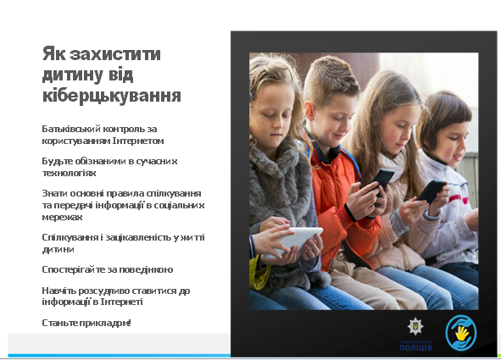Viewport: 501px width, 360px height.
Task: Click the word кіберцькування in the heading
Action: [x=112, y=96]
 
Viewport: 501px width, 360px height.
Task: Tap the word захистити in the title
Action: [x=115, y=53]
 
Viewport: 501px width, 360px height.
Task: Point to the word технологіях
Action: [x=69, y=173]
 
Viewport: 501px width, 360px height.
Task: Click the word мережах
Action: [x=62, y=217]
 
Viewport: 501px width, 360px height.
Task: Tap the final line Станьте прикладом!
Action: [x=86, y=323]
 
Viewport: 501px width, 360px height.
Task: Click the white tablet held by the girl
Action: [x=294, y=241]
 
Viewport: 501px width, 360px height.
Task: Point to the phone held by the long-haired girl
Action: [x=431, y=191]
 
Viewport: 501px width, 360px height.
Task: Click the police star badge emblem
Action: [x=415, y=326]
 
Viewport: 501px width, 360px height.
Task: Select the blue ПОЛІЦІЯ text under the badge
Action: [x=415, y=347]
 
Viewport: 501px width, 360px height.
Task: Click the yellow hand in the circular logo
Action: [x=461, y=333]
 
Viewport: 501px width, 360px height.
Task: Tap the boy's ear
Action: [x=309, y=110]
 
